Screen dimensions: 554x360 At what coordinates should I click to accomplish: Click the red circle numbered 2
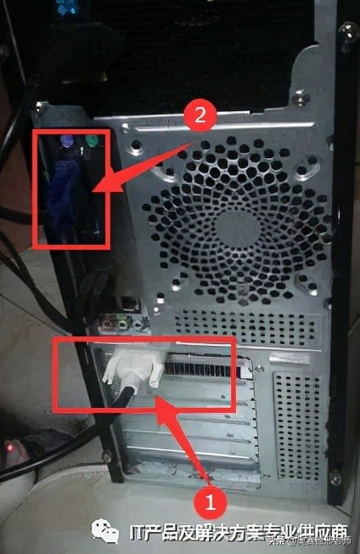click(200, 116)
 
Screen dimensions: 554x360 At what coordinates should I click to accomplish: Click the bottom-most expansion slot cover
click(191, 463)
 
